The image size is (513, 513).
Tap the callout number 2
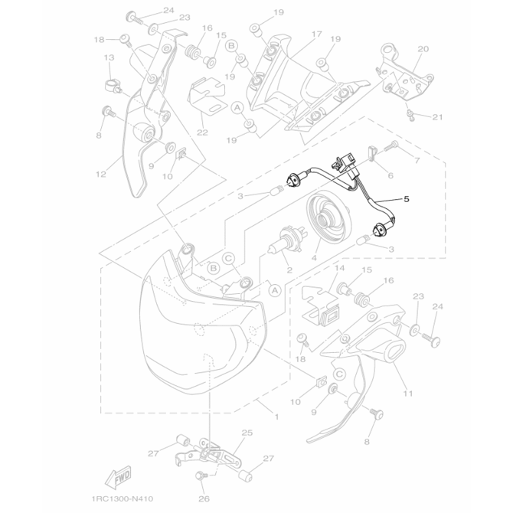(x=289, y=270)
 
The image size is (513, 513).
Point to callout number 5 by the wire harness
(x=407, y=199)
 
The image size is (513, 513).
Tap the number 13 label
(x=109, y=58)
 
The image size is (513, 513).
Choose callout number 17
(x=315, y=35)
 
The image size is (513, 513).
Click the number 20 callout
(x=423, y=48)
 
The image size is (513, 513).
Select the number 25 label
(x=247, y=433)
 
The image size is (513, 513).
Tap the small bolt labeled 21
(x=411, y=115)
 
